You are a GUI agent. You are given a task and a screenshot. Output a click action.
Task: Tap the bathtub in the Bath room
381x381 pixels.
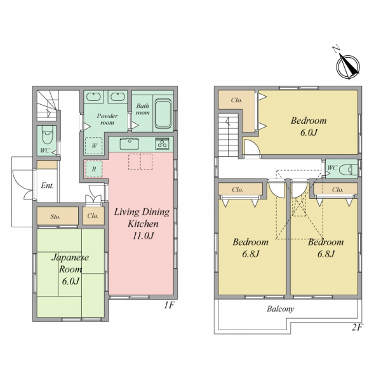(x=163, y=114)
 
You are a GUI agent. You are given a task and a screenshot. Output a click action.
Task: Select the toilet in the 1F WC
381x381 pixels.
(x=47, y=135)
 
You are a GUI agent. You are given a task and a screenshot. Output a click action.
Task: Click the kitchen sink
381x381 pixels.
(x=130, y=144)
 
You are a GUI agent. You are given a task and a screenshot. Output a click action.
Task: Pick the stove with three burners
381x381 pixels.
(x=162, y=144)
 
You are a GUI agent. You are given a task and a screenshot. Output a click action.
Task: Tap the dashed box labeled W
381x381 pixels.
(x=94, y=145)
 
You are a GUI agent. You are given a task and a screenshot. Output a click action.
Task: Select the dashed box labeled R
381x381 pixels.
(x=94, y=169)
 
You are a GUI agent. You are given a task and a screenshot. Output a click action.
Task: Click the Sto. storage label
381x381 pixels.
(x=55, y=217)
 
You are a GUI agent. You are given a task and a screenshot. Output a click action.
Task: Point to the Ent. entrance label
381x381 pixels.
(x=47, y=185)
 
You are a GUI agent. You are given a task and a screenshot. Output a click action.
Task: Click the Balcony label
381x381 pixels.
(x=281, y=309)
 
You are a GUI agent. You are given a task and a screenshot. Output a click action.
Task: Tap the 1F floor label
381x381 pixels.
(x=170, y=305)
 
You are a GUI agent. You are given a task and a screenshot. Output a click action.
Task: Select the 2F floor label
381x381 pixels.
(x=357, y=327)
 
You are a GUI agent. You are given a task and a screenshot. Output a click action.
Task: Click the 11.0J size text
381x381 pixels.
(x=143, y=236)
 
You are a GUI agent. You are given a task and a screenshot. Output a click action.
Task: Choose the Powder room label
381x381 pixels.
(x=107, y=119)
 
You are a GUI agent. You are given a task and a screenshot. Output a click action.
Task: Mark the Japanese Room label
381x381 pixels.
(x=70, y=263)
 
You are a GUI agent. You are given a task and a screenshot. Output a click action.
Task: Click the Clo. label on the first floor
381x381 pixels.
(x=93, y=216)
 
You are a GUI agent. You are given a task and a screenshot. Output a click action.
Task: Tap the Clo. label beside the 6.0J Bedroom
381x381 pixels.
(x=236, y=100)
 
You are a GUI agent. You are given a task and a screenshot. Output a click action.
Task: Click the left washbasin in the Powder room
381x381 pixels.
(x=93, y=97)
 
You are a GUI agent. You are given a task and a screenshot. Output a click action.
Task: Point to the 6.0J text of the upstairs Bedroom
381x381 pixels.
(x=309, y=133)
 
